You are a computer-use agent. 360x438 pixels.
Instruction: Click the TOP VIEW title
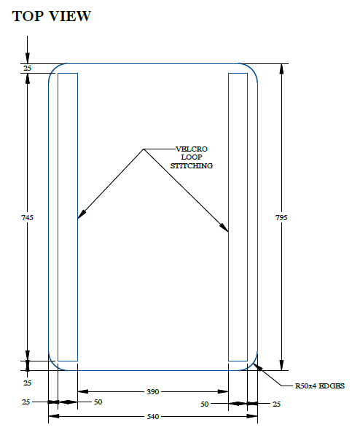[52, 16]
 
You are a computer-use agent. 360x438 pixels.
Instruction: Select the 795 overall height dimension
[281, 217]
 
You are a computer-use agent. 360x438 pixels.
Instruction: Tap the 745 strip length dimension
[27, 217]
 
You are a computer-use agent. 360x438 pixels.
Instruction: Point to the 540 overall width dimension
[153, 416]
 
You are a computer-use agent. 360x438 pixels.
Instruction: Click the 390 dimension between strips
[153, 391]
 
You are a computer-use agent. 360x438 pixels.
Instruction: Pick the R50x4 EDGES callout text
[320, 386]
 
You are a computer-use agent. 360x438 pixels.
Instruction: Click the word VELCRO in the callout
[192, 149]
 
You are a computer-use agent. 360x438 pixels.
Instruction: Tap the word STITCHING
[192, 165]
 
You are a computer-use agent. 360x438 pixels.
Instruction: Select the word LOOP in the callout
[192, 157]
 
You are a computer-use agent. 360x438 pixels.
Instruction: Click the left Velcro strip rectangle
[58, 217]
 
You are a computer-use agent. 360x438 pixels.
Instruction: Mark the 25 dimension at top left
[27, 68]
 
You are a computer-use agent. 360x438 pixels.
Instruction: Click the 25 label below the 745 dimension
[27, 383]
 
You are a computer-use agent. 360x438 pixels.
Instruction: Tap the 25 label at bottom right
[276, 404]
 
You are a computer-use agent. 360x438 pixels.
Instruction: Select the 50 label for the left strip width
[98, 402]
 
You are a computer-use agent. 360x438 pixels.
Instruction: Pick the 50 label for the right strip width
[205, 404]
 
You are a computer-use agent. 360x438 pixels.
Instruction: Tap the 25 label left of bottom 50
[26, 402]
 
